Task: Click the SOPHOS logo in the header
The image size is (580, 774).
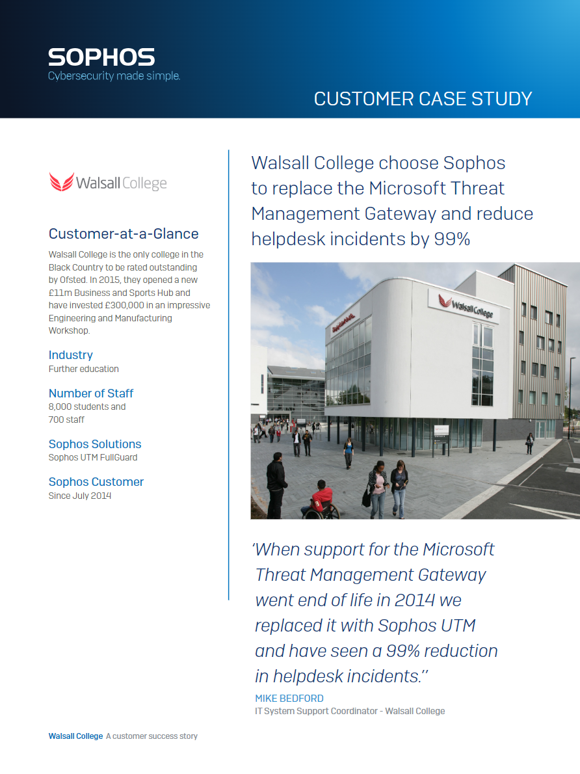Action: (101, 57)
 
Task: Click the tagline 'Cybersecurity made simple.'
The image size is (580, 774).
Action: (114, 76)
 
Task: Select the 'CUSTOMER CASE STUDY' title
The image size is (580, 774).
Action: (423, 99)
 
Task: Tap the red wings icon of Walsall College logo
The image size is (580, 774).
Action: (61, 182)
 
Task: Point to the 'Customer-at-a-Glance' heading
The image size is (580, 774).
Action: (124, 234)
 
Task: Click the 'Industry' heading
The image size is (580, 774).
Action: (71, 355)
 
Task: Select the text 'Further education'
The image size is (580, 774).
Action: (84, 369)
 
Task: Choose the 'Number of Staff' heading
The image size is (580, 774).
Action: (91, 393)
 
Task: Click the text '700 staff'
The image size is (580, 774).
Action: (66, 420)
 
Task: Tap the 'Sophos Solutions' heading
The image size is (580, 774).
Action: (95, 444)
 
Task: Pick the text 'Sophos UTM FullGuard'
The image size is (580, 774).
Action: (93, 457)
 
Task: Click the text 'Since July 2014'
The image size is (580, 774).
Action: (80, 496)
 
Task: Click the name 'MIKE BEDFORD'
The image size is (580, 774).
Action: (289, 698)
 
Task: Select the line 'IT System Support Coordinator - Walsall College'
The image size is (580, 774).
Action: (350, 711)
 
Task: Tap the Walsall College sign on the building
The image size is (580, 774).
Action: (465, 305)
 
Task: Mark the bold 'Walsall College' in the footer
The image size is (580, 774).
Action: (75, 736)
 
